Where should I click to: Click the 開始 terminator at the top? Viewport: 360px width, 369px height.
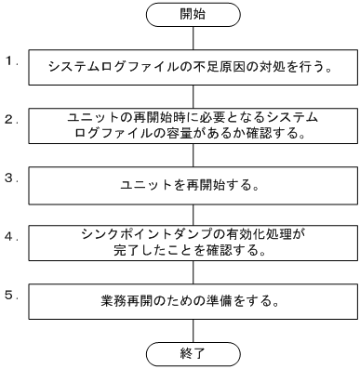(x=193, y=15)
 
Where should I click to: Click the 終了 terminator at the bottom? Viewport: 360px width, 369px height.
(x=193, y=353)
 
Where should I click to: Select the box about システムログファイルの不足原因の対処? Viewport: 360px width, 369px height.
(x=193, y=67)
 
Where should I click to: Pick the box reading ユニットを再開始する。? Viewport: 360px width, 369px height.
(x=193, y=184)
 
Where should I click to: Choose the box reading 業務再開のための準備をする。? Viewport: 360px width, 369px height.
(x=193, y=300)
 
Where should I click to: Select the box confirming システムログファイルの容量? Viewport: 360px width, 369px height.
(x=193, y=125)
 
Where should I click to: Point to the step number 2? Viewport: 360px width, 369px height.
(x=9, y=119)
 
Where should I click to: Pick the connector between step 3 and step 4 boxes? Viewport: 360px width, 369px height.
(x=193, y=213)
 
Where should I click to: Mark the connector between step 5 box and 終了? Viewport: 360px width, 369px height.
(x=193, y=329)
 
